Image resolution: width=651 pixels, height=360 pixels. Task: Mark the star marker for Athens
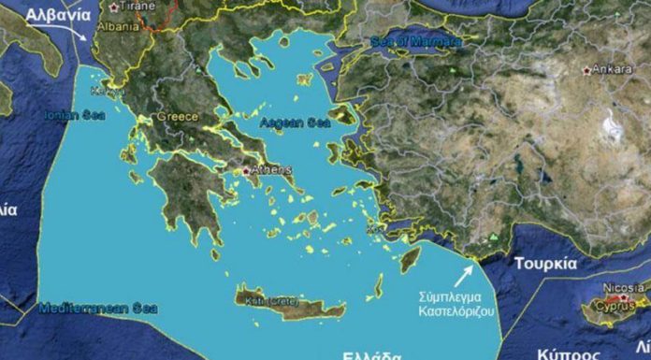(x=246, y=172)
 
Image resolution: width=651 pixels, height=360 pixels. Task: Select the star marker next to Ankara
(x=586, y=71)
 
